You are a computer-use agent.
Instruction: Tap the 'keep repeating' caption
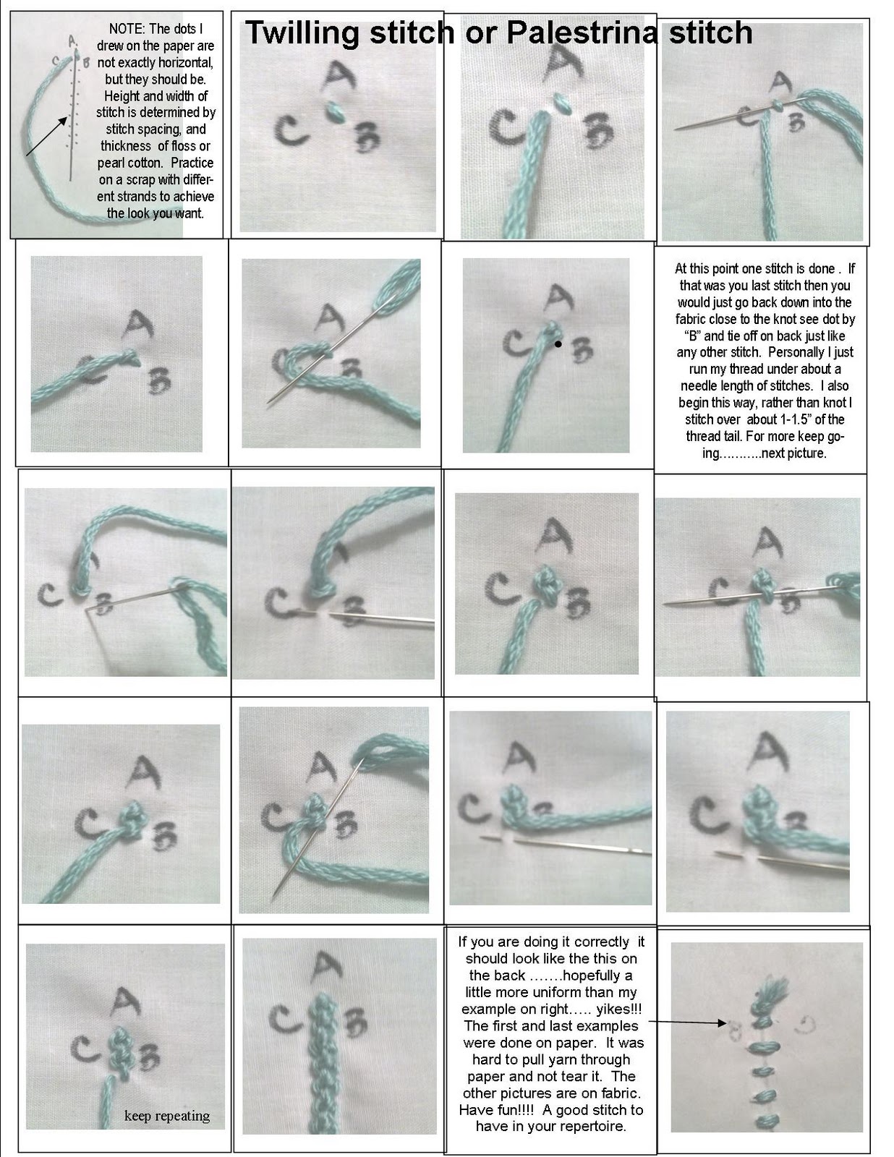point(167,1115)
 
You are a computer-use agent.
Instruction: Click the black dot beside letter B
point(558,345)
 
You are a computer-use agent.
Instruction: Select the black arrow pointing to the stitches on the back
point(688,1022)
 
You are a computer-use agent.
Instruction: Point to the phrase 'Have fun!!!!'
point(490,1109)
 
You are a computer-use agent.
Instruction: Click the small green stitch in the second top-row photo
point(335,111)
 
